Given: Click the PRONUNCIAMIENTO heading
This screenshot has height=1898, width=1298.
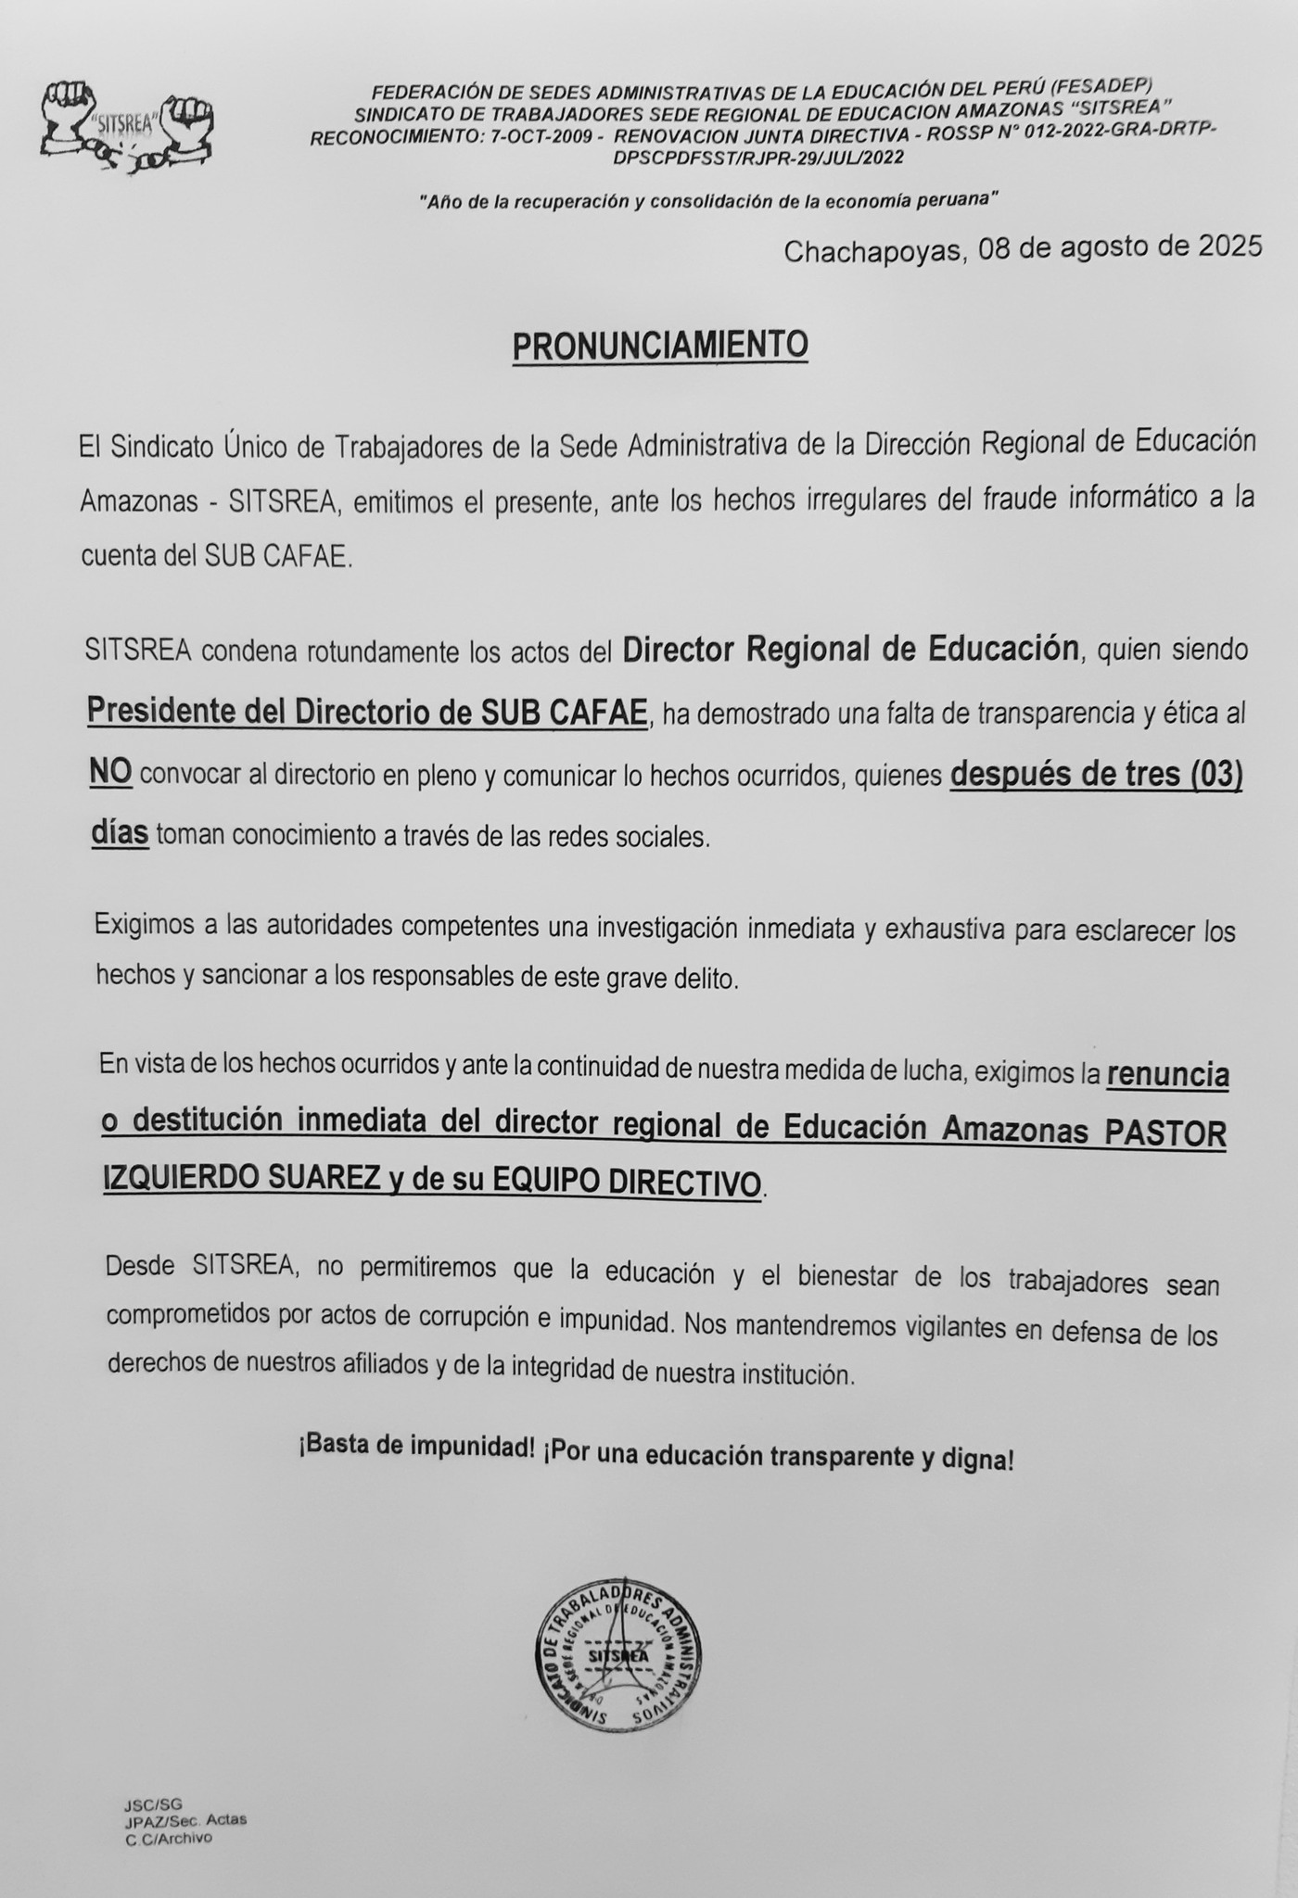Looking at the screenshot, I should coord(660,345).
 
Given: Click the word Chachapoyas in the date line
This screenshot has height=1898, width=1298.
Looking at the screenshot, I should coord(872,250).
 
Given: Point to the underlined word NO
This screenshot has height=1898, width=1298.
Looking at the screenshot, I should coord(111,772).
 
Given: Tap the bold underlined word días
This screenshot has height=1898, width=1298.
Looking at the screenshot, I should coord(120,833).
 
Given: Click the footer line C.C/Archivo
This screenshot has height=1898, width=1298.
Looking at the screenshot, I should coord(169,1838).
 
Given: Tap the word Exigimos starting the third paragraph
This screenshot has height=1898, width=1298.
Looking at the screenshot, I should coord(144,924).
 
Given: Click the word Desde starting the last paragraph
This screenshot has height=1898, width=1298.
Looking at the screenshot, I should coord(140,1266).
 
